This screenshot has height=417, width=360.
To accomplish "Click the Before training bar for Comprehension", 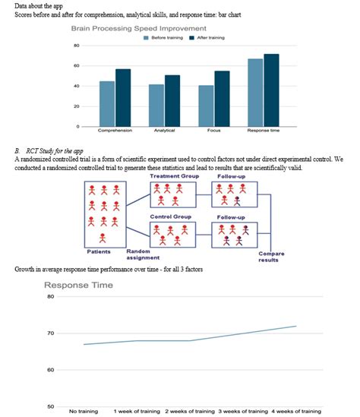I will pos(107,103).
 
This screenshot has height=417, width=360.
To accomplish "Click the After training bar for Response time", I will pos(271,90).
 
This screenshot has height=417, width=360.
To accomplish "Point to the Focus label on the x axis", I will pos(214,131).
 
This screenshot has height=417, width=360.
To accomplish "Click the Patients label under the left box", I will pos(102,251).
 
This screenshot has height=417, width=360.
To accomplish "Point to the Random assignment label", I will pos(137,254).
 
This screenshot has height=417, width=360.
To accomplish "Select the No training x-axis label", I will pos(83,410).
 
